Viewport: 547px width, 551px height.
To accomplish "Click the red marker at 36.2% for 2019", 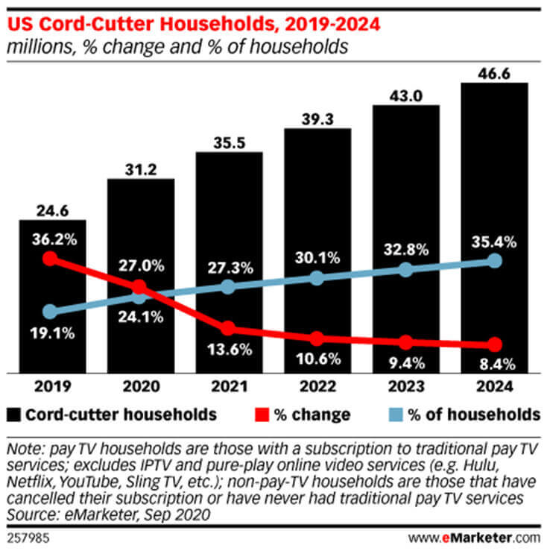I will (50, 259).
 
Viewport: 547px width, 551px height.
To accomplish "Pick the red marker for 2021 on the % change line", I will (228, 328).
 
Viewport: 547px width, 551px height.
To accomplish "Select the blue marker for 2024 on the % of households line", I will (494, 260).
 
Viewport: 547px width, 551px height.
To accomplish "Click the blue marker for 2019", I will (50, 312).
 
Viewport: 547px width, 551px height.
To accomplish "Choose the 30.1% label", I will (317, 258).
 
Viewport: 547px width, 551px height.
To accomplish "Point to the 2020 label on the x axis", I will (139, 386).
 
